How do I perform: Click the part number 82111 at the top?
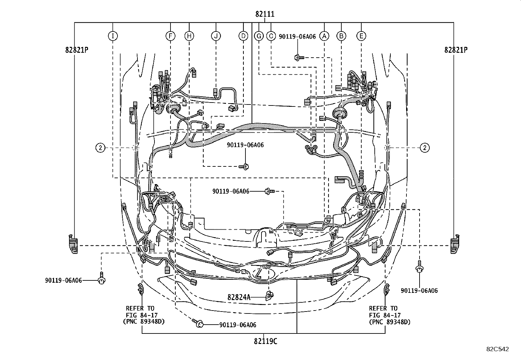pos(265,14)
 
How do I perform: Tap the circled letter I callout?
pos(113,36)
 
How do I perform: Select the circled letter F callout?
pos(170,36)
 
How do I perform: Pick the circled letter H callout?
pos(189,36)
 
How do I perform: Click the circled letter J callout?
pos(216,36)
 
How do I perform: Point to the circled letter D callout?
pos(243,36)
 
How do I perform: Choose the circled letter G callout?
pos(259,36)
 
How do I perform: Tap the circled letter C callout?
pos(271,36)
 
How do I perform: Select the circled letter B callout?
pos(341,36)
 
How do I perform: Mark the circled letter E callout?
pos(361,36)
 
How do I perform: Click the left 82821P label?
pos(77,50)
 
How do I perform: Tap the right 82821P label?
pos(456,50)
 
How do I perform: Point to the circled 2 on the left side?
pos(100,148)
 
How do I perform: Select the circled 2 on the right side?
pos(425,148)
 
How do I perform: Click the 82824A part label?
pos(239,297)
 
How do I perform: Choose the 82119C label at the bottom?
pos(265,341)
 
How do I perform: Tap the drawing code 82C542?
pos(497,349)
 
